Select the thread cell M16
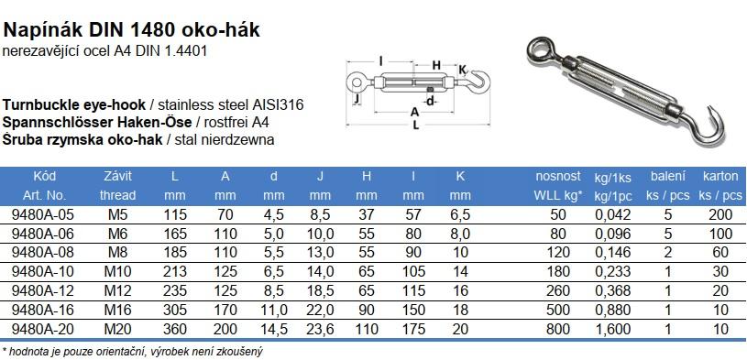[x=117, y=310]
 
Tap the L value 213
[x=175, y=271]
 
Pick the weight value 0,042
[x=613, y=214]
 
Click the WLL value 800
[x=558, y=329]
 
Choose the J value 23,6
[x=320, y=329]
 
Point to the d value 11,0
[x=273, y=310]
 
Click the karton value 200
[x=720, y=214]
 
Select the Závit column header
[x=117, y=176]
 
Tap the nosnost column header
[x=558, y=176]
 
